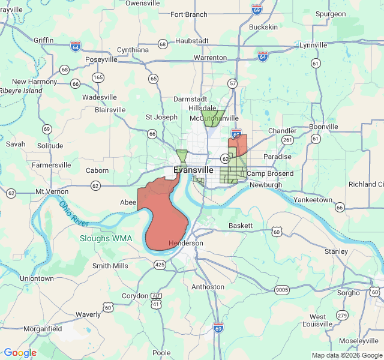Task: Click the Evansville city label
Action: click(193, 170)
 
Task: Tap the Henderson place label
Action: click(186, 243)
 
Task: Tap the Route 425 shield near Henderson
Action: click(160, 264)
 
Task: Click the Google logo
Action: click(20, 353)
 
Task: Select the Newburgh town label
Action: click(265, 185)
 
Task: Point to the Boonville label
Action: click(324, 127)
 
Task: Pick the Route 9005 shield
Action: click(282, 290)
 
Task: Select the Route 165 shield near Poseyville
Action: click(98, 77)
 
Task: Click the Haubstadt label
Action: click(192, 41)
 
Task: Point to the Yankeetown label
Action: click(313, 199)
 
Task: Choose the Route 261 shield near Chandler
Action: click(287, 140)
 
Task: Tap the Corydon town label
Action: click(134, 296)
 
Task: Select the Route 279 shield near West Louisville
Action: click(342, 315)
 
